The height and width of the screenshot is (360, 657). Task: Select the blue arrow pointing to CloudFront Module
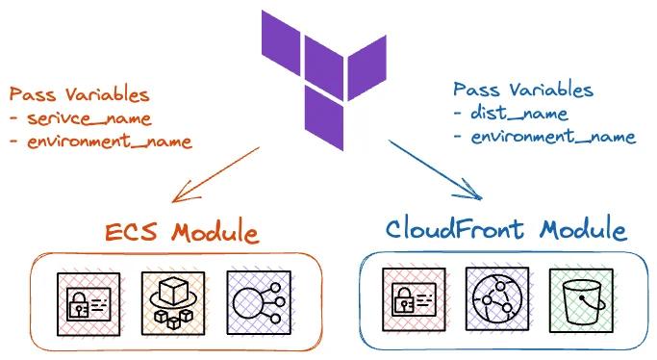tap(433, 170)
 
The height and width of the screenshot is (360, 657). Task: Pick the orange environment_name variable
tap(108, 141)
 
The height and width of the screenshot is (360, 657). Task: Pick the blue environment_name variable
tap(552, 137)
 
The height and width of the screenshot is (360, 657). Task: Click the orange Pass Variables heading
tap(79, 94)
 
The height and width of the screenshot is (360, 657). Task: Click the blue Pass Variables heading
tap(523, 90)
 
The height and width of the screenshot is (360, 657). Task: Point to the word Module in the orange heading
tap(216, 232)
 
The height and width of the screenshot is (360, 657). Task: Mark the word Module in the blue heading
tap(583, 230)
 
